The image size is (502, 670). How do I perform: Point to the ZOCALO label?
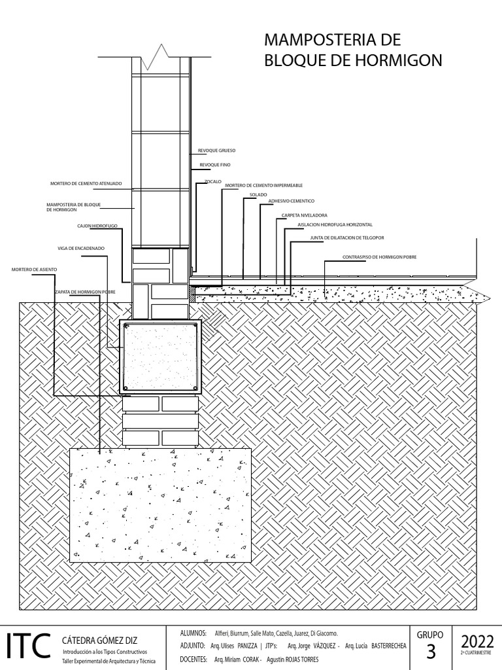click(213, 181)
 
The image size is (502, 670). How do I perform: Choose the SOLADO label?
click(258, 195)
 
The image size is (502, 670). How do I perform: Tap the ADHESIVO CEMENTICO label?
click(292, 202)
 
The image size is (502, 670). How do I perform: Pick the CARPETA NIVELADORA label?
click(304, 215)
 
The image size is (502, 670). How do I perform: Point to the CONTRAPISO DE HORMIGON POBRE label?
click(379, 257)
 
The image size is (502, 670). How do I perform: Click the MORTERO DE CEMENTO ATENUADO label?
click(86, 184)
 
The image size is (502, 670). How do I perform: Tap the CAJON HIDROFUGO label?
click(97, 226)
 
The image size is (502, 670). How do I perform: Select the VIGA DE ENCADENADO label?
click(81, 249)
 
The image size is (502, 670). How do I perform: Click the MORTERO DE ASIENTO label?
click(34, 270)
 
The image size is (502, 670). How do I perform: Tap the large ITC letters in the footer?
click(27, 646)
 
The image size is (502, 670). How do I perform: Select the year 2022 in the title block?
click(477, 641)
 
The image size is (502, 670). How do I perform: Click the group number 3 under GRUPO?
click(430, 652)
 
